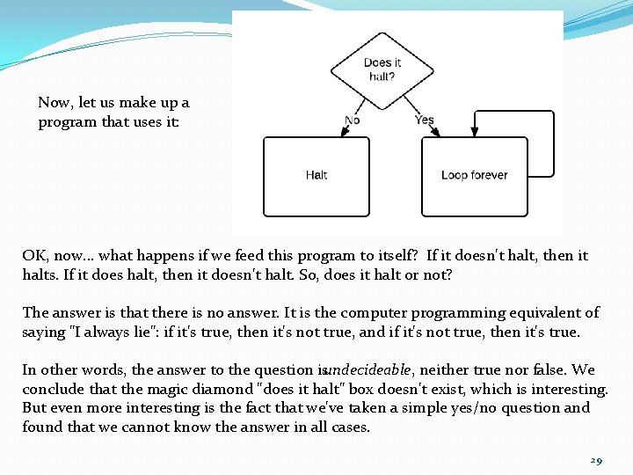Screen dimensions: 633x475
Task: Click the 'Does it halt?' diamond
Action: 382,69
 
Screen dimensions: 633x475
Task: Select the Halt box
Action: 316,175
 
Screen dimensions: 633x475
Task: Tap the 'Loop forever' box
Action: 474,175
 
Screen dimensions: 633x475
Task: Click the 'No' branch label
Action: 352,121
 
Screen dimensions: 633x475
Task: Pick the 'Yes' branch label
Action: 424,120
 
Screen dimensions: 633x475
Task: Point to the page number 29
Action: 596,461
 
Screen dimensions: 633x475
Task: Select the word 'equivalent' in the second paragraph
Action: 549,312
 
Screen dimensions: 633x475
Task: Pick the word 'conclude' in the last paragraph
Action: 51,389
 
